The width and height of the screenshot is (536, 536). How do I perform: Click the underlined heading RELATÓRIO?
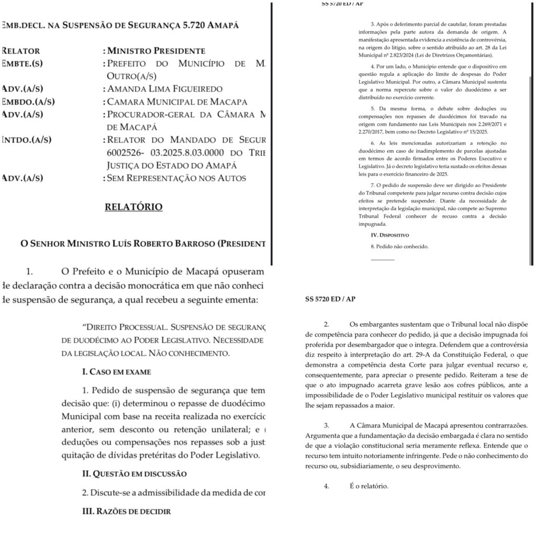(133, 207)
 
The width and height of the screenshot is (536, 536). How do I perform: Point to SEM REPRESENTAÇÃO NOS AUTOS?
(176, 178)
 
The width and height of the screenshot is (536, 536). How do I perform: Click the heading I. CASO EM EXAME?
(116, 372)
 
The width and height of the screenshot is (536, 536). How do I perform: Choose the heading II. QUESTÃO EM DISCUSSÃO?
(134, 474)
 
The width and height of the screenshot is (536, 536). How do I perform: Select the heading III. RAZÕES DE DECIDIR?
(126, 511)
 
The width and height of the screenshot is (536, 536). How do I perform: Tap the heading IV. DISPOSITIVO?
(390, 236)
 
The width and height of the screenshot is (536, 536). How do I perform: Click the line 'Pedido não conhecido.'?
(399, 246)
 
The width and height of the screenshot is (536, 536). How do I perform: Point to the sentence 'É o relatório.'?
(369, 486)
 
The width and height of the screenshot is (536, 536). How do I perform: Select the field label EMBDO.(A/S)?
(29, 102)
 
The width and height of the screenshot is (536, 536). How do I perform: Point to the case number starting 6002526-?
(128, 153)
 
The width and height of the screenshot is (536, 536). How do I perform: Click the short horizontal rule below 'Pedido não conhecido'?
(382, 260)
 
